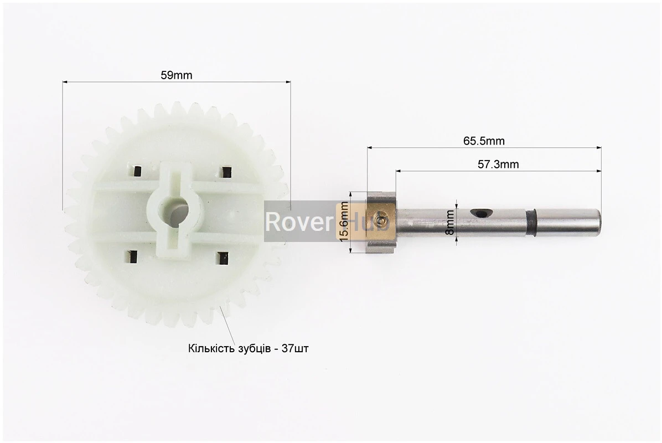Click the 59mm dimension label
click(x=176, y=75)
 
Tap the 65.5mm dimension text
click(x=484, y=141)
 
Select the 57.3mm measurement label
click(x=498, y=164)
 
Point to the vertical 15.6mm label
click(x=344, y=221)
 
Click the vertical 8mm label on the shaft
click(x=450, y=222)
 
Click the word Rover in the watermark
click(x=299, y=221)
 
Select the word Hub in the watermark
click(x=371, y=221)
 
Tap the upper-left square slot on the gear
click(x=137, y=171)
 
